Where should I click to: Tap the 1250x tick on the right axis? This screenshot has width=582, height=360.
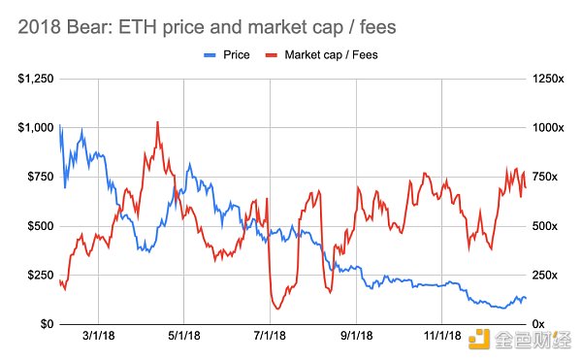click(544, 79)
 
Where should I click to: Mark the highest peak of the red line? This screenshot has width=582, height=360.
click(157, 122)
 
